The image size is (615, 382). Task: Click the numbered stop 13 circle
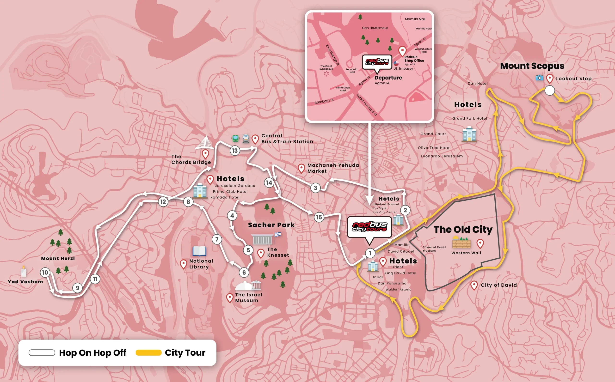(x=235, y=151)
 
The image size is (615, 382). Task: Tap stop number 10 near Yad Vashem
(x=45, y=272)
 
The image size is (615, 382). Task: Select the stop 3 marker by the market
(x=315, y=188)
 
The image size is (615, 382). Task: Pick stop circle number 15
(x=319, y=217)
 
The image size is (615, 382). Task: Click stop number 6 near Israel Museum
(x=244, y=272)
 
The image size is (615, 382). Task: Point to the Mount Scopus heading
(x=532, y=66)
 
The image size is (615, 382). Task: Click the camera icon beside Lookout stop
(x=539, y=78)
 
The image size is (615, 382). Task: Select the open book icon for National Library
(x=199, y=251)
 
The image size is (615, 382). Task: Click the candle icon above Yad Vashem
(x=24, y=271)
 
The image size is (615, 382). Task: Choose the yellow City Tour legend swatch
(x=149, y=352)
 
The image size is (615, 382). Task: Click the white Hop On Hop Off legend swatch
(x=42, y=352)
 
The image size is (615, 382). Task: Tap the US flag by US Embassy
(x=396, y=63)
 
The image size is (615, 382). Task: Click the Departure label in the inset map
(x=388, y=78)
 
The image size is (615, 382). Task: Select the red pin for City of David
(x=474, y=285)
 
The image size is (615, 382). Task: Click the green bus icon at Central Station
(x=235, y=138)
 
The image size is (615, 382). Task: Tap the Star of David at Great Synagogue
(x=326, y=73)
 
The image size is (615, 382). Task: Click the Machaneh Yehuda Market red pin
(x=301, y=168)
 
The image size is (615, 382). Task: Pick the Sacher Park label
(x=271, y=225)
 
